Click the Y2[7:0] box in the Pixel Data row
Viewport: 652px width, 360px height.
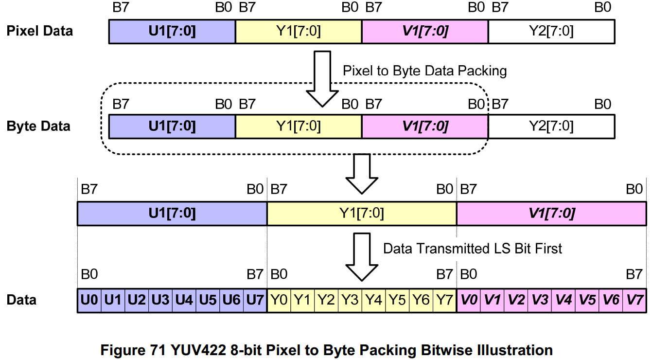pyautogui.click(x=551, y=32)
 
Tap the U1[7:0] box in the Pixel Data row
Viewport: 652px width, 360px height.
pyautogui.click(x=172, y=32)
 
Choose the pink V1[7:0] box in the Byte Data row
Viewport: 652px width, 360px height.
pyautogui.click(x=425, y=126)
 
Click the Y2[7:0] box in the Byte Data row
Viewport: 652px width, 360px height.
pyautogui.click(x=551, y=126)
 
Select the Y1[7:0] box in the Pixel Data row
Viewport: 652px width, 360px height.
pyautogui.click(x=299, y=32)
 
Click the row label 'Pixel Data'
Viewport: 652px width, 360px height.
pyautogui.click(x=40, y=31)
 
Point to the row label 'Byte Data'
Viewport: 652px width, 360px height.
pyautogui.click(x=38, y=126)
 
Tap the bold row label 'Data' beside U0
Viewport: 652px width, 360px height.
pyautogui.click(x=21, y=300)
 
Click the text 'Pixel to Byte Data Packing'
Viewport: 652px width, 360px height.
pyautogui.click(x=424, y=71)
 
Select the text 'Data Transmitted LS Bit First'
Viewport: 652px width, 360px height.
pyautogui.click(x=473, y=249)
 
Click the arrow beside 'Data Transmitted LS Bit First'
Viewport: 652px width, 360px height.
pyautogui.click(x=361, y=255)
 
